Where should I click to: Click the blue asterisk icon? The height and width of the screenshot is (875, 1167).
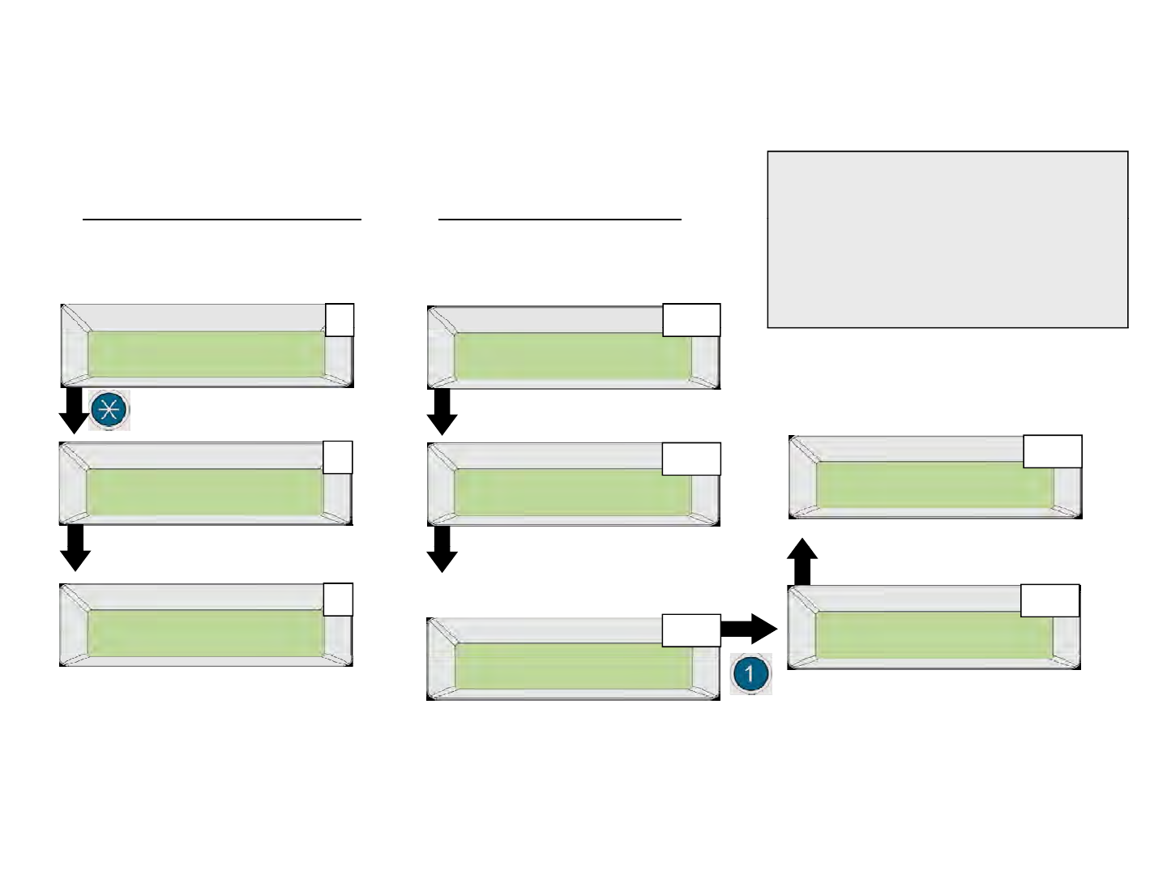coord(109,410)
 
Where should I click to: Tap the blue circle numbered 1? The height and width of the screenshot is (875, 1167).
coord(750,673)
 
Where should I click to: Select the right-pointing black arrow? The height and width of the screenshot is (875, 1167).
coord(749,629)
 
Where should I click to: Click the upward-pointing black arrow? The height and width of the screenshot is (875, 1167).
coord(802,561)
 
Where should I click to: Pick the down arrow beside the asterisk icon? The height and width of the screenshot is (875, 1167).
coord(74,411)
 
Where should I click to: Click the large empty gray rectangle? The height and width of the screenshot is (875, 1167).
coord(947,240)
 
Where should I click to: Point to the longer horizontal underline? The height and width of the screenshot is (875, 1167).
coord(222,219)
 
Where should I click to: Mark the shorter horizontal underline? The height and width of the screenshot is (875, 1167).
coord(560,219)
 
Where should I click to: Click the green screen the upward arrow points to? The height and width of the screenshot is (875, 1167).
coord(934,484)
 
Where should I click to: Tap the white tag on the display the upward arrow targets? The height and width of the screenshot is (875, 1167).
coord(1053,451)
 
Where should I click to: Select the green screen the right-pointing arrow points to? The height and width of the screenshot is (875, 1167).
coord(934,635)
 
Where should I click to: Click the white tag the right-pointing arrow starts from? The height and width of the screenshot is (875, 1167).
coord(691,630)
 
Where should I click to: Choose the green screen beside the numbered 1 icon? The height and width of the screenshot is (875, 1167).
coord(573,666)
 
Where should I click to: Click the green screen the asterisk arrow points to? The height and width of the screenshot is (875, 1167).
coord(205,492)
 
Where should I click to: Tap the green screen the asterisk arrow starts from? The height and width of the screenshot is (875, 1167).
coord(207,354)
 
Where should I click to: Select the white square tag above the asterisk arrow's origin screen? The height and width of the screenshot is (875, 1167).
coord(340,320)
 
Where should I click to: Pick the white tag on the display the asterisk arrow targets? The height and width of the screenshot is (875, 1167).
coord(338,457)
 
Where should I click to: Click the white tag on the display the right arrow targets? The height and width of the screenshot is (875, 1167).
coord(1050,600)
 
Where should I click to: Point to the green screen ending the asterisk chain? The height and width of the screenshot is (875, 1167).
coord(205,634)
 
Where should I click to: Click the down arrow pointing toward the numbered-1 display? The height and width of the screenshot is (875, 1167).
coord(442,548)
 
